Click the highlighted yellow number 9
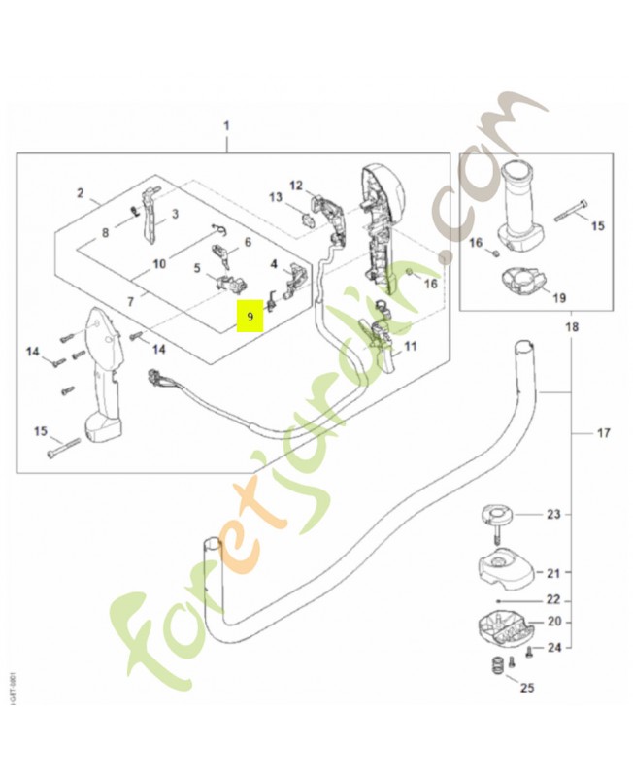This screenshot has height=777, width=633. coord(250,317)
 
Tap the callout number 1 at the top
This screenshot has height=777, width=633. coord(227,126)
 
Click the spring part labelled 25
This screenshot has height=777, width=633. coord(497,668)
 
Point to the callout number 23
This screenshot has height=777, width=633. coord(552,515)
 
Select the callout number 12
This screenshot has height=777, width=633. coord(296,185)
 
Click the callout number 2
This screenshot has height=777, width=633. coord(81,193)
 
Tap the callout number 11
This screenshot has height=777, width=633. coord(410,346)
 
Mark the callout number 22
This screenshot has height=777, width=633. coord(552,599)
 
